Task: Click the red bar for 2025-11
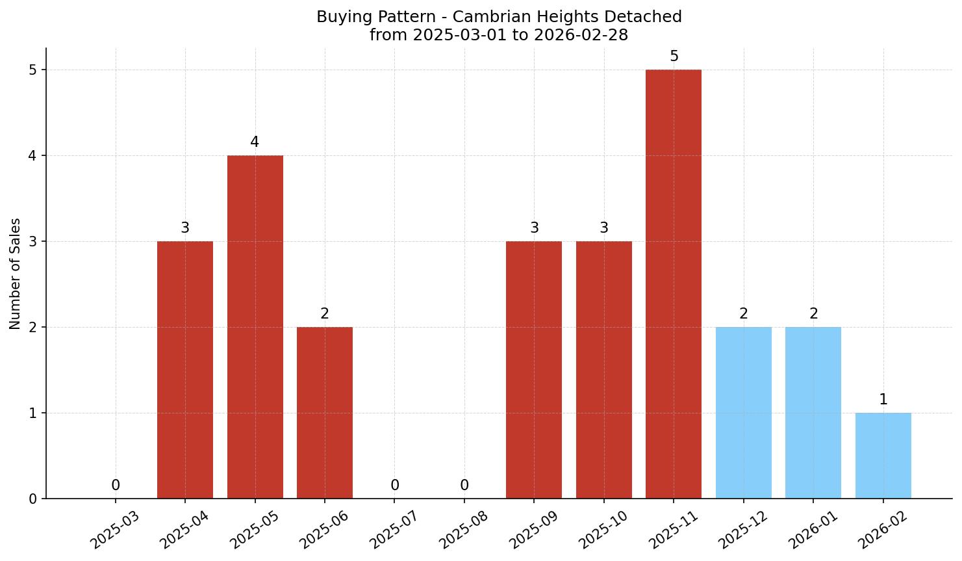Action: pyautogui.click(x=674, y=284)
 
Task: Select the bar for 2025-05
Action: pyautogui.click(x=255, y=327)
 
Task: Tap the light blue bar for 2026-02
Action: pyautogui.click(x=883, y=456)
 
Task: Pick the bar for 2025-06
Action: pyautogui.click(x=325, y=413)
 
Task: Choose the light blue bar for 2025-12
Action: pyautogui.click(x=743, y=413)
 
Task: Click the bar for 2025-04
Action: pyautogui.click(x=185, y=370)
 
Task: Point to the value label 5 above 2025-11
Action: pyautogui.click(x=674, y=57)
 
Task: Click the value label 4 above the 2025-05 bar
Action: pyautogui.click(x=255, y=142)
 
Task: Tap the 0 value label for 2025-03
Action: pyautogui.click(x=116, y=486)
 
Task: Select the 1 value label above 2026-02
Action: pyautogui.click(x=883, y=400)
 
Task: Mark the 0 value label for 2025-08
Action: pyautogui.click(x=464, y=486)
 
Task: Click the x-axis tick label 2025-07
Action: pyautogui.click(x=394, y=530)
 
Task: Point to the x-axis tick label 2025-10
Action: pyautogui.click(x=603, y=530)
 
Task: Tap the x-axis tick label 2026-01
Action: pyautogui.click(x=812, y=530)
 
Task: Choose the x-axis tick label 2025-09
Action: pyautogui.click(x=533, y=530)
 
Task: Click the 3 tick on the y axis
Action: pyautogui.click(x=33, y=242)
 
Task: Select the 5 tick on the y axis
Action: pyautogui.click(x=33, y=70)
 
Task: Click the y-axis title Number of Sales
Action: pyautogui.click(x=16, y=274)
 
